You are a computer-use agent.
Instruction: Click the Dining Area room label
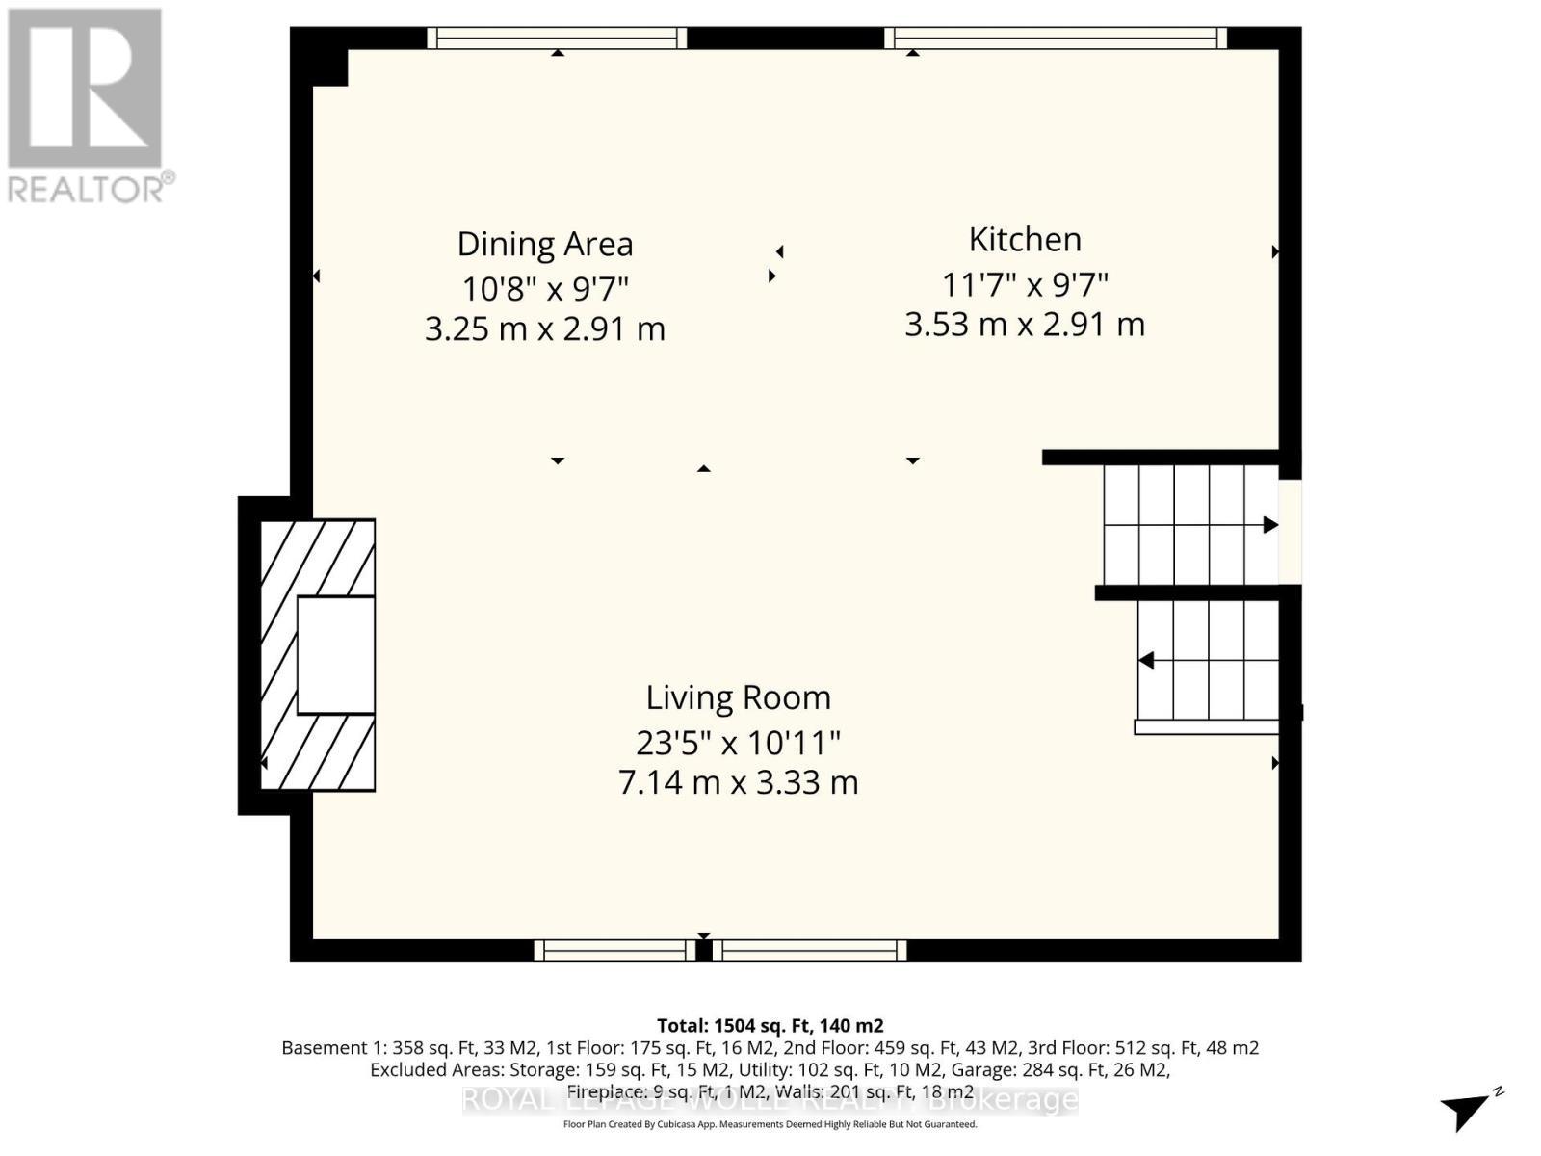(545, 245)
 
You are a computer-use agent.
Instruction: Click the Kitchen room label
(1025, 240)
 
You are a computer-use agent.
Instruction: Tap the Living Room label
(738, 697)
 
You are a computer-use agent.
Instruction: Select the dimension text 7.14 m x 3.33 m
(738, 782)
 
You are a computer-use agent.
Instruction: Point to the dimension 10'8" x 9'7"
(545, 288)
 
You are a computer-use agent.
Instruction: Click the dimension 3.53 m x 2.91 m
(1025, 325)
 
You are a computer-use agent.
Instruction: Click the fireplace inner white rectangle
(335, 655)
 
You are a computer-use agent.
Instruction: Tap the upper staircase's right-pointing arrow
(1270, 525)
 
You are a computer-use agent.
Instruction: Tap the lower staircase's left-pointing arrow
(1146, 661)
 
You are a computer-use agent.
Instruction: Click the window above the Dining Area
(557, 38)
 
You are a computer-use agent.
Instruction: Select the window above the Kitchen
(1056, 38)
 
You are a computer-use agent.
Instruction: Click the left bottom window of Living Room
(614, 951)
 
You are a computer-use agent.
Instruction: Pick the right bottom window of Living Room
(810, 951)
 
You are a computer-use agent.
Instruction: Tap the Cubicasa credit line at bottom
(770, 1124)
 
